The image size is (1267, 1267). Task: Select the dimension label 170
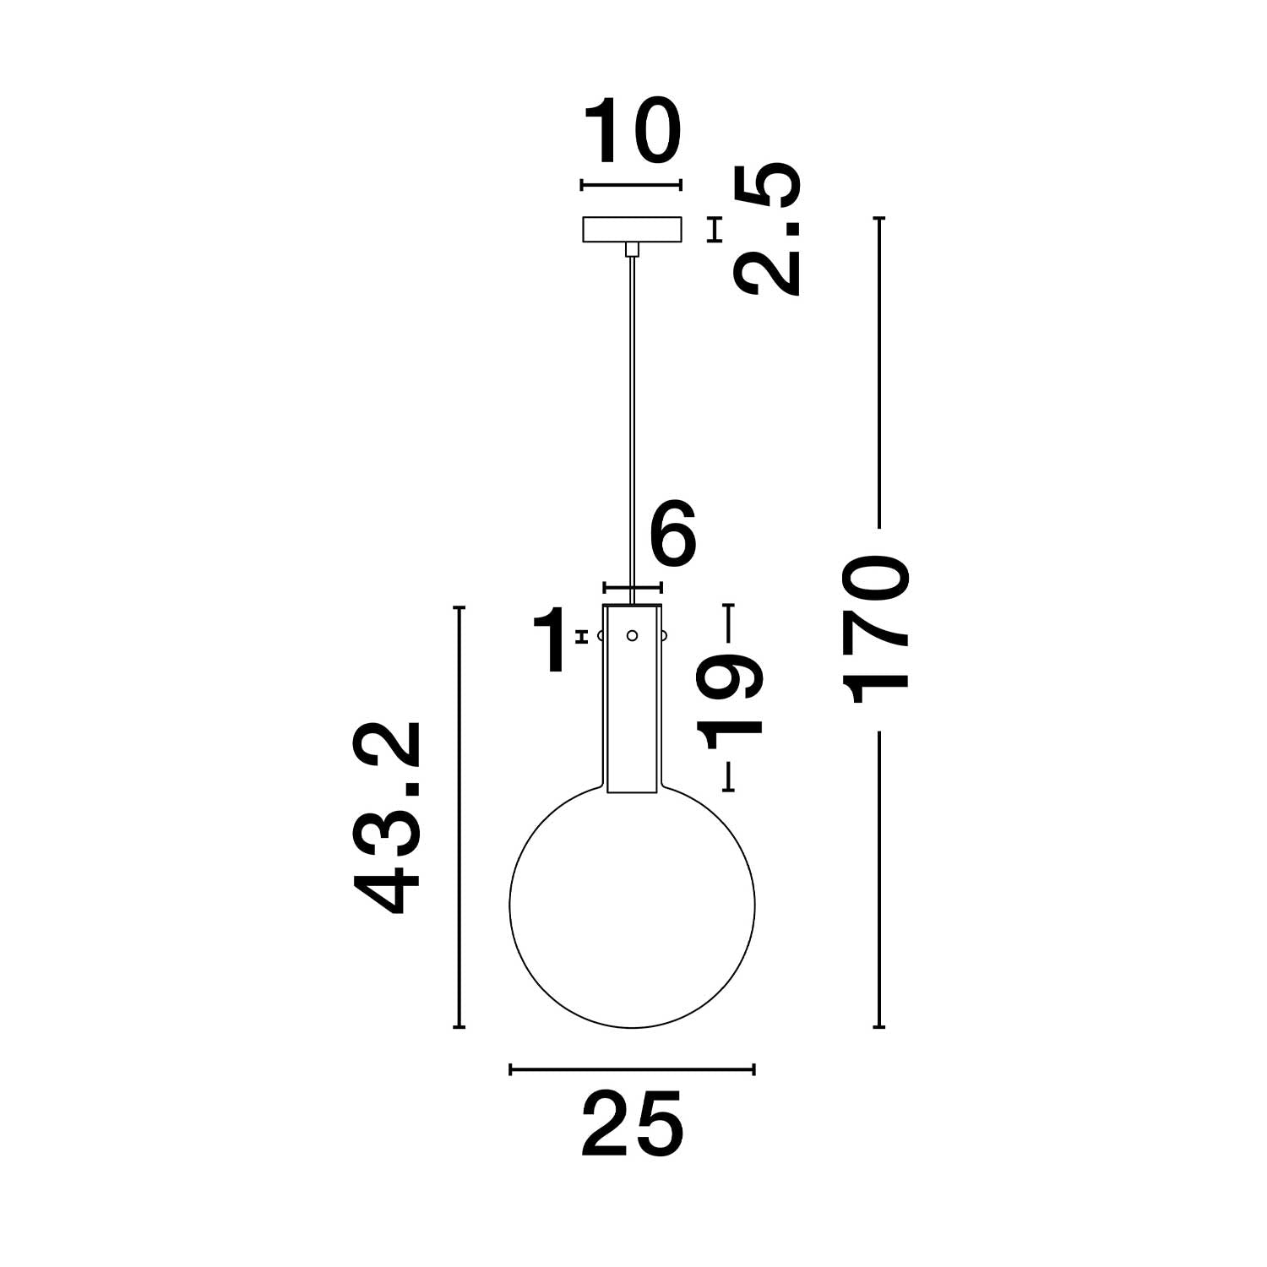coord(879,628)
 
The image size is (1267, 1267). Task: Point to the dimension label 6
coord(673,534)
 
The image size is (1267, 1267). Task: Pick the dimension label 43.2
coord(387,818)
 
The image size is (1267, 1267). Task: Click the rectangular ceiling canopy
coord(633,229)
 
